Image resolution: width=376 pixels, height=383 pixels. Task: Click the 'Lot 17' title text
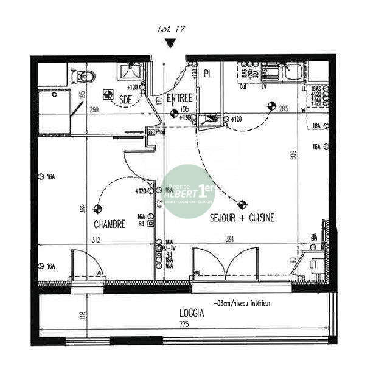(171, 29)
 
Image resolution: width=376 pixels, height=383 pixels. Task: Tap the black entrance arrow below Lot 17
(171, 43)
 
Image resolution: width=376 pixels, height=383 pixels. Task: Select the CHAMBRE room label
(110, 224)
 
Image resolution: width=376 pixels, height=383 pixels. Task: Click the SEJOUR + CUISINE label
(242, 218)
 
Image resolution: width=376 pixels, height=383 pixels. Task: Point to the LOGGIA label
(192, 314)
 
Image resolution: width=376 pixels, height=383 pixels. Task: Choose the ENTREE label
(179, 98)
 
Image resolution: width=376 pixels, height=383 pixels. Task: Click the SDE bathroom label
(126, 100)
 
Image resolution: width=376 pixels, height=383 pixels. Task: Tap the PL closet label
(208, 74)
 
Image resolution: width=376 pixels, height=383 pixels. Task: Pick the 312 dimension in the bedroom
(96, 240)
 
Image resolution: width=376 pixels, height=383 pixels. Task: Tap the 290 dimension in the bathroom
(94, 110)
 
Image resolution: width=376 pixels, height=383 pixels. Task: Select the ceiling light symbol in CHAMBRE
(97, 209)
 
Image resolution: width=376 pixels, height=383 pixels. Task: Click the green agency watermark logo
(189, 190)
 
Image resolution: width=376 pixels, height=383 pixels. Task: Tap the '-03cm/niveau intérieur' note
(242, 303)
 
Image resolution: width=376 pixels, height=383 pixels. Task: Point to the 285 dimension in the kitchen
(284, 109)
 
